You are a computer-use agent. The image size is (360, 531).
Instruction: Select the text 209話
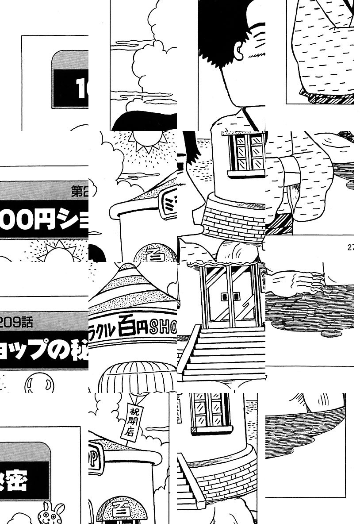tap(18, 322)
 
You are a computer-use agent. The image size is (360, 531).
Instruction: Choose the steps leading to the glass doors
tap(223, 354)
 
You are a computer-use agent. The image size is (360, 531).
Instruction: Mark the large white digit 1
tap(81, 88)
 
